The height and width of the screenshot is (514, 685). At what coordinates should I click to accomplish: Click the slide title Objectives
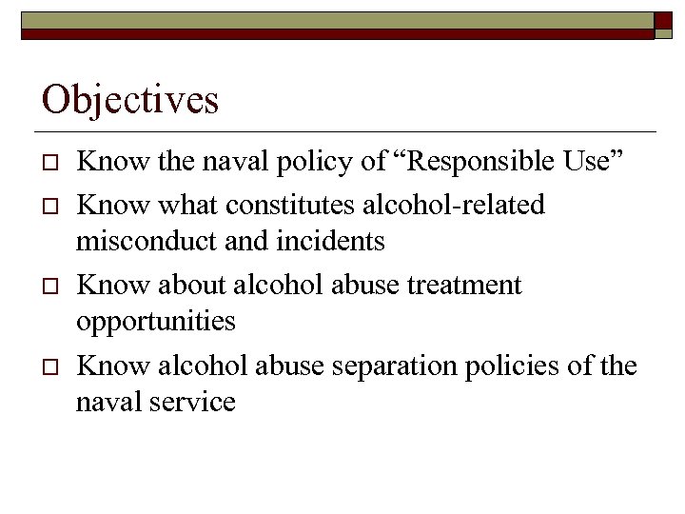click(x=130, y=100)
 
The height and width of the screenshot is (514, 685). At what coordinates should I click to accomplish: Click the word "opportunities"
click(x=156, y=322)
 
